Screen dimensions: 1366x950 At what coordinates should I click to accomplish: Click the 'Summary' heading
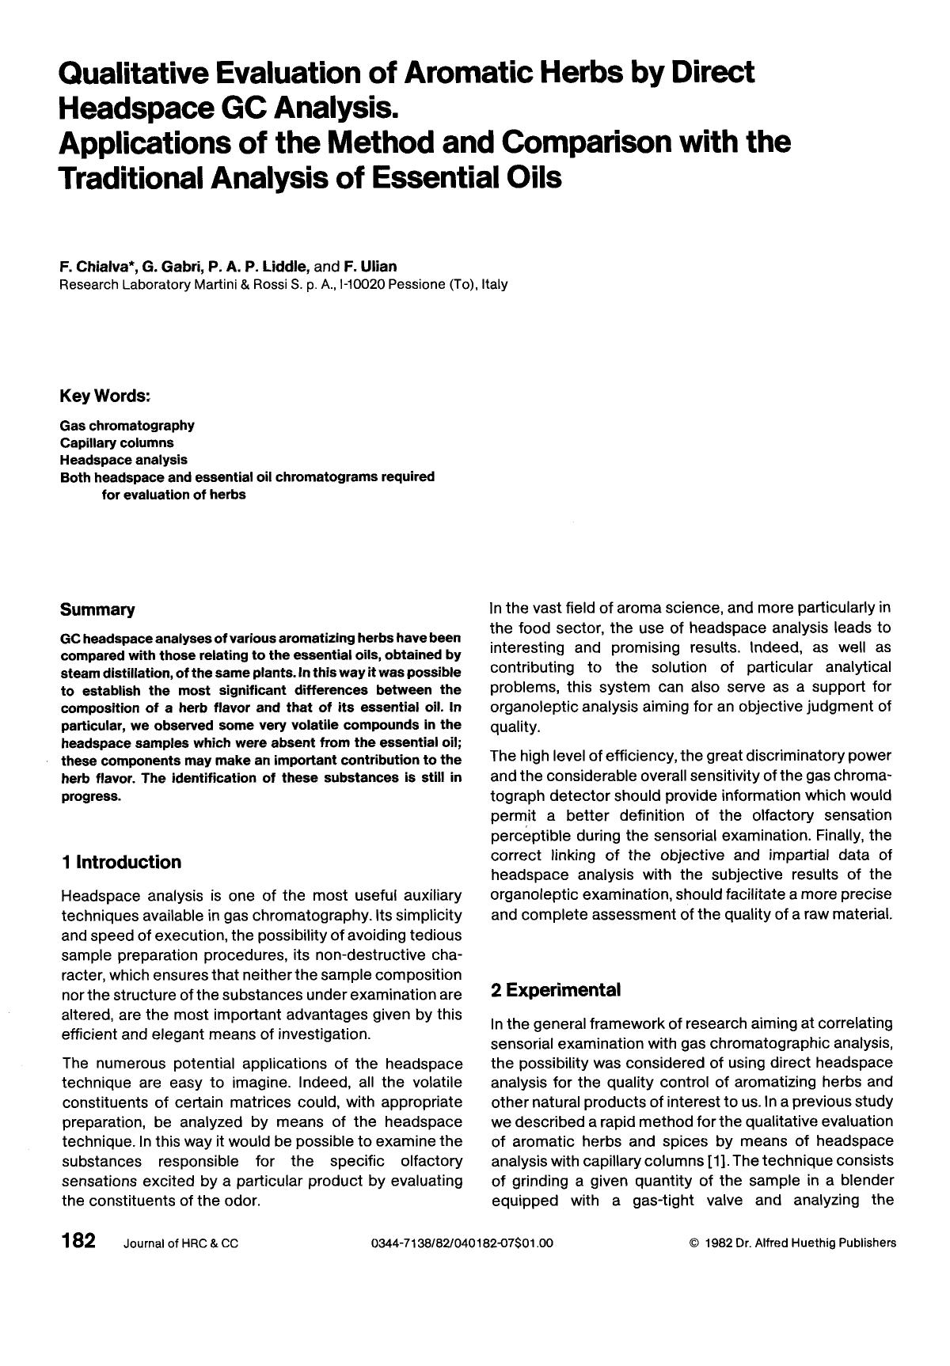[x=97, y=609]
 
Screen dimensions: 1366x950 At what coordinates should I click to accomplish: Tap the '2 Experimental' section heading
[x=555, y=990]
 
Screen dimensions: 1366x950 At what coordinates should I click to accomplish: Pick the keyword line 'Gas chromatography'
[x=127, y=426]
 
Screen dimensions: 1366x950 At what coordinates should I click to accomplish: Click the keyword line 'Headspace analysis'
[x=123, y=459]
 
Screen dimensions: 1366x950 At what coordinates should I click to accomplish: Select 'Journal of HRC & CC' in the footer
[x=180, y=1243]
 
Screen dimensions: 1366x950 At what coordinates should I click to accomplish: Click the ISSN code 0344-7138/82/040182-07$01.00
[x=462, y=1243]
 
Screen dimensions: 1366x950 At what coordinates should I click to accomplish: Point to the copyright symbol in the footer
[x=694, y=1243]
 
